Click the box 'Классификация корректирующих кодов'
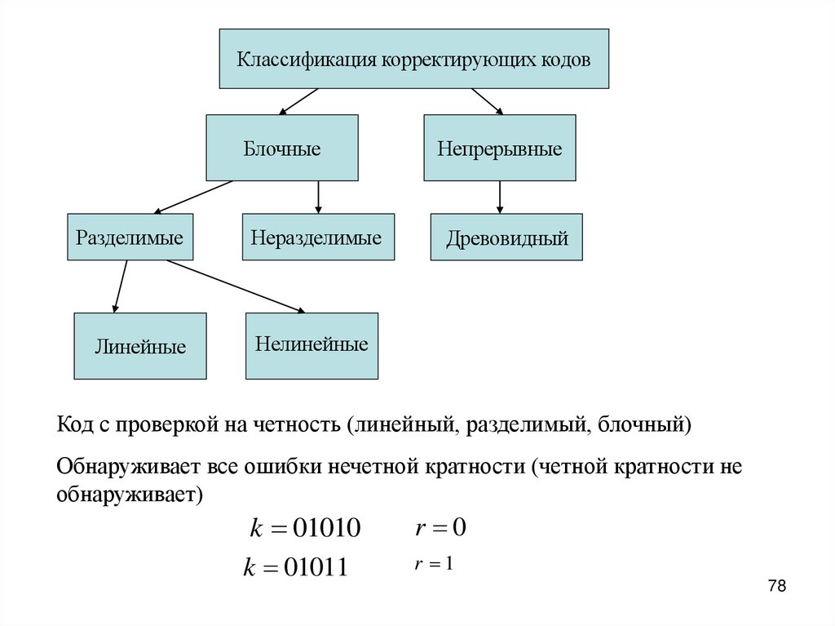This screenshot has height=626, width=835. tap(413, 59)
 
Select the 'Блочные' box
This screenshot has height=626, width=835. tap(281, 148)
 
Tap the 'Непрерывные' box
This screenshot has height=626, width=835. tap(499, 148)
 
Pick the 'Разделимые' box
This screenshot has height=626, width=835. tap(130, 238)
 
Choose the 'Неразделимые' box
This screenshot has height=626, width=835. tap(317, 238)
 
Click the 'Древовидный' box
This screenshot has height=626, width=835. tap(506, 238)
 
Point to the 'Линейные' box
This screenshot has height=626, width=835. tap(140, 346)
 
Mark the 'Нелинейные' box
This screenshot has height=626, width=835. tap(311, 344)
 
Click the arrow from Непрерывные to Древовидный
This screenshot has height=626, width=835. tap(500, 197)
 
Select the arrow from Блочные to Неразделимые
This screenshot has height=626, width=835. tap(318, 197)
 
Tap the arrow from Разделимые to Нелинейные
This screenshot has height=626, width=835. tap(236, 286)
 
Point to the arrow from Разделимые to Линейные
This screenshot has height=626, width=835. tap(121, 286)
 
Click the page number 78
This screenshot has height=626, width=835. tap(776, 586)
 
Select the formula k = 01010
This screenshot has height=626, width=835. tap(303, 528)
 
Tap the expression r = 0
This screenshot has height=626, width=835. tap(440, 527)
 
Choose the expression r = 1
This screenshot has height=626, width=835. tap(433, 563)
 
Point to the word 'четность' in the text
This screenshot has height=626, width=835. tap(300, 425)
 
